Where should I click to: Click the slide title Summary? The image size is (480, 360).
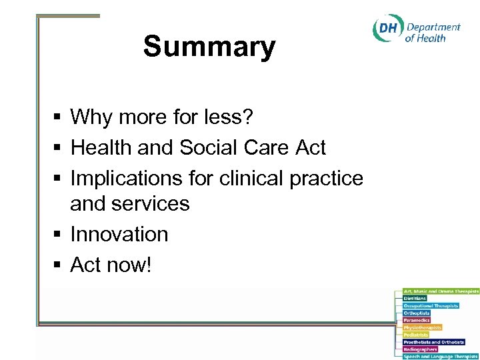pos(209,47)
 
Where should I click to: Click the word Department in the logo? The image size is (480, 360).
pos(433,27)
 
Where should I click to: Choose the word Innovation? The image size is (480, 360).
pos(119,234)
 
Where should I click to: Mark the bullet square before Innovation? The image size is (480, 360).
pos(58,235)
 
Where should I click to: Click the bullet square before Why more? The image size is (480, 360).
pos(58,118)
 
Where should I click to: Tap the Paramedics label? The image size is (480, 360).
pos(417,321)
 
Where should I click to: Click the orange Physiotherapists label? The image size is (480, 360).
pos(423,328)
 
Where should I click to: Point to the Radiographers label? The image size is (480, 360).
pos(420,349)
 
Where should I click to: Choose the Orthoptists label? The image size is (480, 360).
pos(417,313)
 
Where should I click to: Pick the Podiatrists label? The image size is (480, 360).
pos(416,335)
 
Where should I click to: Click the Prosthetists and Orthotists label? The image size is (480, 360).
pos(434,342)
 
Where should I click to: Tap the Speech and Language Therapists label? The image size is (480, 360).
pos(441,357)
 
